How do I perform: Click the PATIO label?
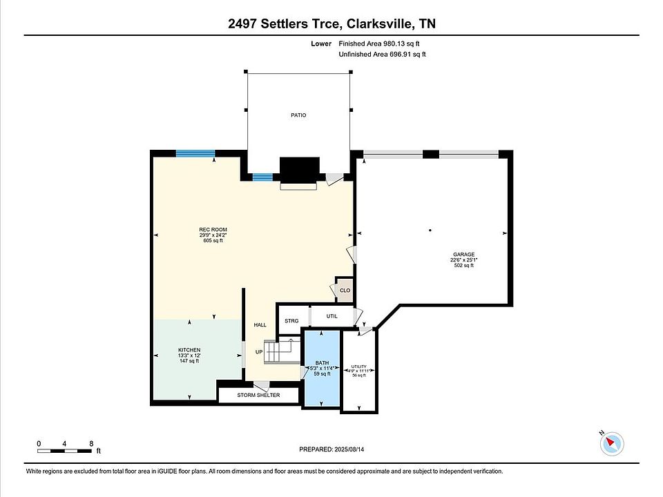(298, 115)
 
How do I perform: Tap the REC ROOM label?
(213, 230)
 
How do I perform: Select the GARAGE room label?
(463, 255)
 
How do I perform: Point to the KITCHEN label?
(189, 350)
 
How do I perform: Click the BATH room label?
(322, 362)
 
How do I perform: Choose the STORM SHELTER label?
(258, 395)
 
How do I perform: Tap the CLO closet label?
(345, 290)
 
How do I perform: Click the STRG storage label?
(291, 322)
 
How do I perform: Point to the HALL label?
(260, 324)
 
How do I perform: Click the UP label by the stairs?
(259, 351)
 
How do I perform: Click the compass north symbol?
(612, 442)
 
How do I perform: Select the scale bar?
(65, 451)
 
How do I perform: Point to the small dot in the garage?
(430, 230)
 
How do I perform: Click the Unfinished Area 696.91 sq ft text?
(382, 54)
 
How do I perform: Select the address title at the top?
(331, 24)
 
